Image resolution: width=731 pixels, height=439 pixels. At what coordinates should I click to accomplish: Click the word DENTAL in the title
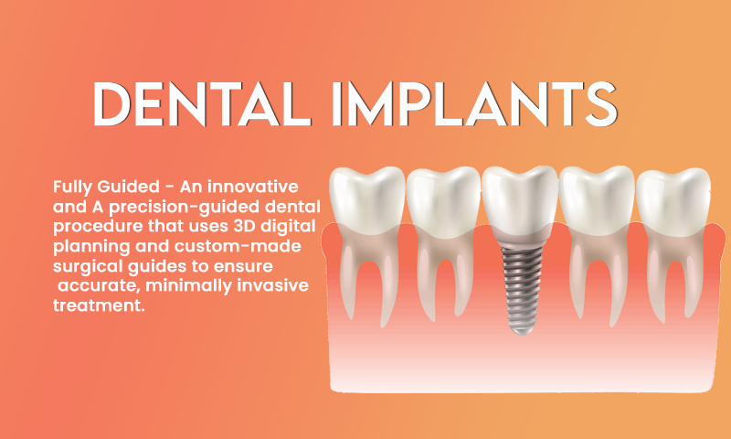[x=202, y=104]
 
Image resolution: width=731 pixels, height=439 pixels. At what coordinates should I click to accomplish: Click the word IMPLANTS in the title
[x=474, y=104]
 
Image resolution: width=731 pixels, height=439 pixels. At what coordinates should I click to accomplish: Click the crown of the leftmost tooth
[x=367, y=200]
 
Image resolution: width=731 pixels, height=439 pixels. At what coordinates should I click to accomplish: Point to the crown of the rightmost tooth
[x=673, y=201]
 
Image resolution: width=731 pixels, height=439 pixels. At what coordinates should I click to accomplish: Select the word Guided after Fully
[x=128, y=187]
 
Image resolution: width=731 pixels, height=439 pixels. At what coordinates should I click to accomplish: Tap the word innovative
[x=253, y=187]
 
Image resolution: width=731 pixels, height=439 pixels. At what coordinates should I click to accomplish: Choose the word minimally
[x=189, y=286]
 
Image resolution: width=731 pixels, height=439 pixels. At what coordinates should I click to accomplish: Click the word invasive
[x=272, y=285]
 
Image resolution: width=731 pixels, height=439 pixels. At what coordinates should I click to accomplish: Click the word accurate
[x=99, y=286]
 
